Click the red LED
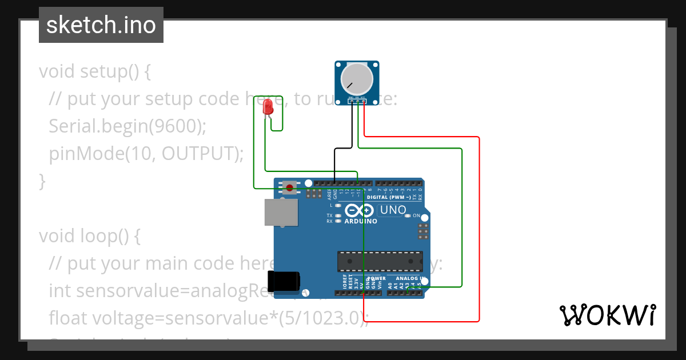click(268, 107)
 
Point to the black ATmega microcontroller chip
click(380, 261)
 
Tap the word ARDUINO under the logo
click(360, 221)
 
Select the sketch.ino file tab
click(101, 25)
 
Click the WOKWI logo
click(607, 315)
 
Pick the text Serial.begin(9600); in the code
click(127, 126)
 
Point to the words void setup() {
click(95, 71)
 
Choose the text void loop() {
click(89, 235)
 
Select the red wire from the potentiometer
click(478, 229)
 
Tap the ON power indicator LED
click(408, 216)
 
